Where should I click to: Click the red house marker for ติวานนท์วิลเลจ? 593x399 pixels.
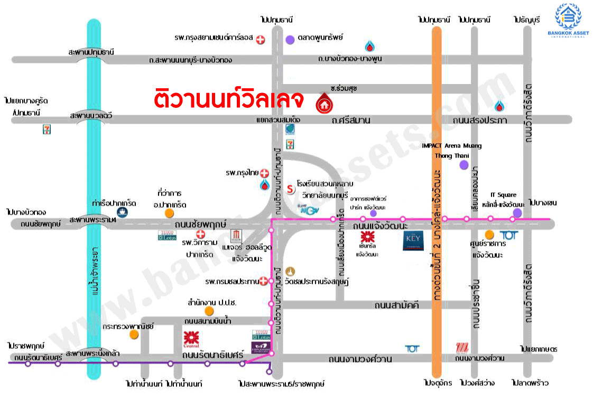tap(323, 104)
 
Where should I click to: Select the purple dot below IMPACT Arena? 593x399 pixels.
tap(464, 165)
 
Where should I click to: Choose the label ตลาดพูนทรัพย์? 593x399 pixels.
tap(321, 38)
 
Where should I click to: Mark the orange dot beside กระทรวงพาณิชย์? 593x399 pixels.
tap(135, 335)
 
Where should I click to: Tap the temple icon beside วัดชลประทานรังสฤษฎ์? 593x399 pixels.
tap(289, 271)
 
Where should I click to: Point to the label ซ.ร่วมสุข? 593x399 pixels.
tap(345, 88)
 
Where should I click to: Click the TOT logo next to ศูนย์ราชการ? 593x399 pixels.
tap(508, 235)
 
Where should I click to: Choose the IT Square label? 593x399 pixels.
tap(503, 195)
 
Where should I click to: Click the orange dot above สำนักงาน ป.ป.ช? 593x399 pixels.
tap(209, 311)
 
